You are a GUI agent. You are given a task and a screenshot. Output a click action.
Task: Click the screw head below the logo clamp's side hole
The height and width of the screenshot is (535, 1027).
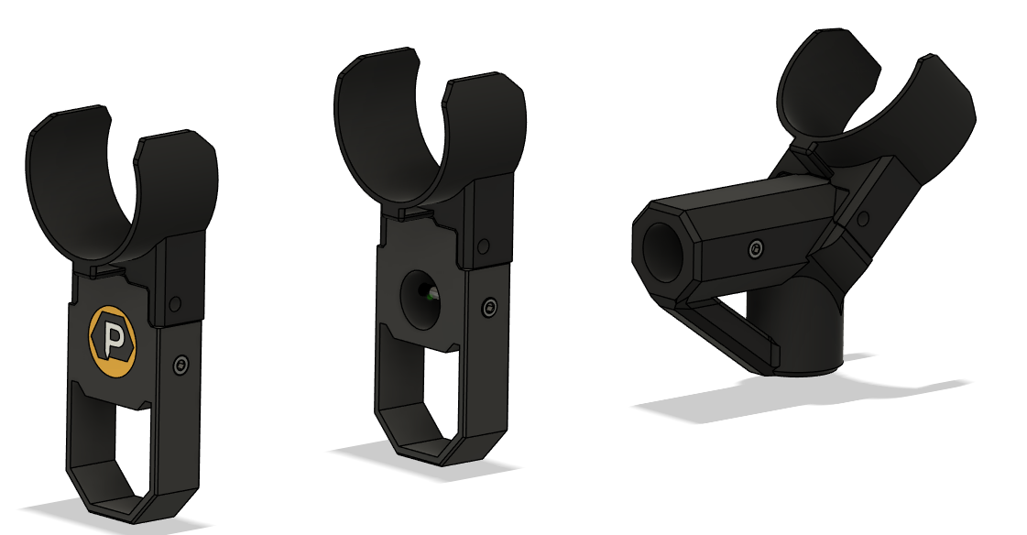(x=180, y=366)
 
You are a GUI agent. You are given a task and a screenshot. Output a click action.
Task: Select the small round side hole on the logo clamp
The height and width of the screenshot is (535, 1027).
(x=175, y=302)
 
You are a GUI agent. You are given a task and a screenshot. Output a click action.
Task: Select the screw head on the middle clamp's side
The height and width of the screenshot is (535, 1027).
(x=490, y=308)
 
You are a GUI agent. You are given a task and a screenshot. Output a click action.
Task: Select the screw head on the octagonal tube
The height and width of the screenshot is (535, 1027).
(x=754, y=247)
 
